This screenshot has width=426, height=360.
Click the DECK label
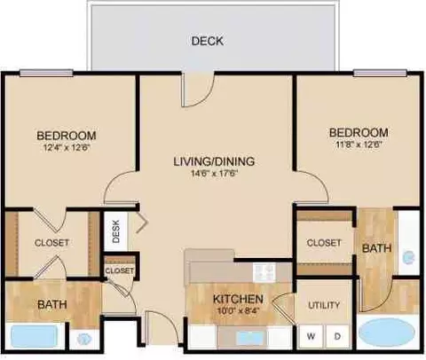(x=208, y=41)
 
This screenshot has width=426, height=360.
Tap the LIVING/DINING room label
(x=214, y=161)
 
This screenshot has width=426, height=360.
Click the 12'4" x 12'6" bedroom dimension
(x=67, y=147)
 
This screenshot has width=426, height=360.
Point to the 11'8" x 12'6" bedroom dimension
(x=359, y=145)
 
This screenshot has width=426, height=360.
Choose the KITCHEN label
(x=238, y=299)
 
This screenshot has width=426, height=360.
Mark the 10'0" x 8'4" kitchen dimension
(x=238, y=310)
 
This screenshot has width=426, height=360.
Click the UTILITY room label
(x=324, y=305)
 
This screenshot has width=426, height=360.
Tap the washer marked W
(x=311, y=336)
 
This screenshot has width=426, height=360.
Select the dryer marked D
(x=337, y=336)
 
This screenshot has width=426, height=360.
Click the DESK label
(x=116, y=231)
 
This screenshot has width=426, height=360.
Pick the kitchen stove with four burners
(x=264, y=271)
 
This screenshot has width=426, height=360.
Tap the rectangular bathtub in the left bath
(x=35, y=336)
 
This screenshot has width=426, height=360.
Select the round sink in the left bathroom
(x=83, y=340)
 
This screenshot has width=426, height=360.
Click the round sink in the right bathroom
(x=409, y=256)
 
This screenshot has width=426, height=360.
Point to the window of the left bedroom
(x=46, y=73)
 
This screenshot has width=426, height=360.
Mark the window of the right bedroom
(x=381, y=73)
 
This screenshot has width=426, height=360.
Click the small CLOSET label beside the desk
(x=120, y=270)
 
